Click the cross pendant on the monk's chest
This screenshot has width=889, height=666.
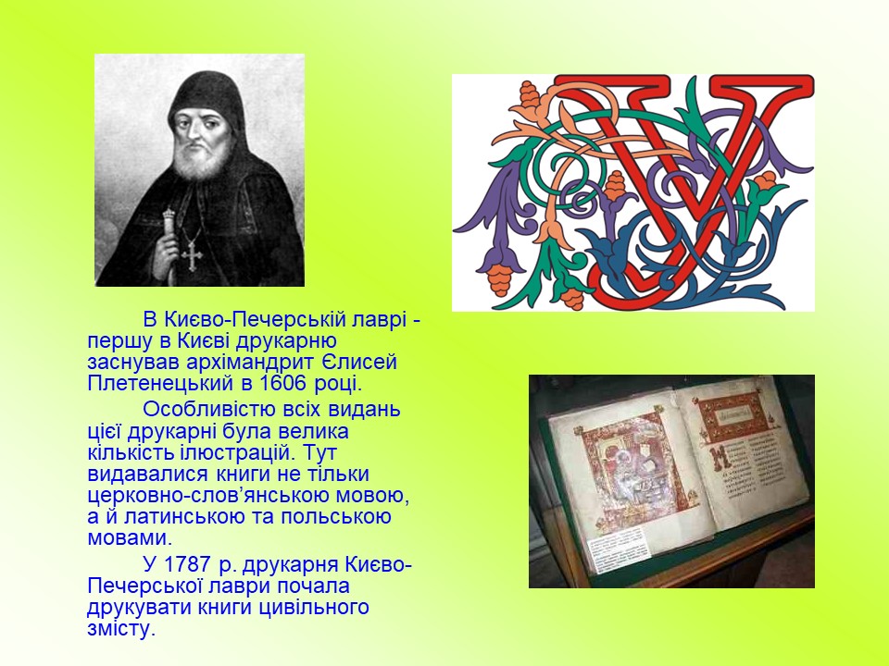coord(192,255)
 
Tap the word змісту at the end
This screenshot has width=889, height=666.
coord(120,629)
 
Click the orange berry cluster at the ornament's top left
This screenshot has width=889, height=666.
coord(529,95)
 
